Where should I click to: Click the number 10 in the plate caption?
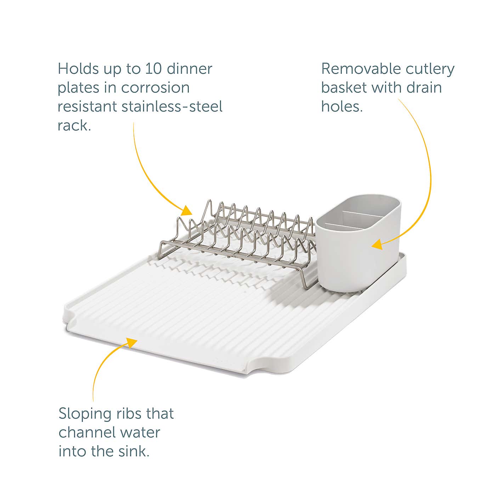click(x=153, y=69)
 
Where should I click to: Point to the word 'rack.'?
click(x=74, y=125)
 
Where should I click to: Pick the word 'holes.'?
click(x=342, y=106)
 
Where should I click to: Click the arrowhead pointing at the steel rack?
click(x=187, y=211)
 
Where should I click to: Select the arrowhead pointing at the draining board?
click(x=132, y=342)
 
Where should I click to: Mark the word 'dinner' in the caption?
click(x=190, y=69)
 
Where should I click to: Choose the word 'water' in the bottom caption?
click(x=140, y=432)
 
